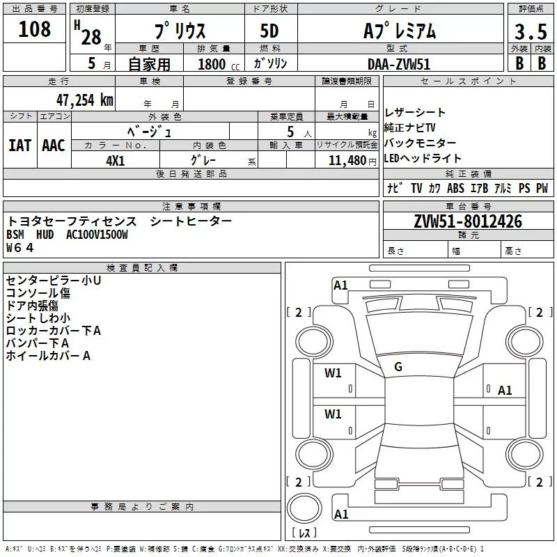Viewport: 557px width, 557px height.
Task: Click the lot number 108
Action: tap(35, 29)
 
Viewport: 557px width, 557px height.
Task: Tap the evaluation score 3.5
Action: tap(531, 31)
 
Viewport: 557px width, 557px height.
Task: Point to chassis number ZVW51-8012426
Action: tap(468, 221)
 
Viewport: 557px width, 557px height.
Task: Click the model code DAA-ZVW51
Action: tap(399, 63)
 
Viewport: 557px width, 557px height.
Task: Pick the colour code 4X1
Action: tap(116, 160)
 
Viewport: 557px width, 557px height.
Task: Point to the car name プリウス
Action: tap(180, 31)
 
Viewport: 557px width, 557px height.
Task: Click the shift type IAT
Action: tap(20, 145)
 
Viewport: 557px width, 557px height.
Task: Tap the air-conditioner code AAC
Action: tap(54, 145)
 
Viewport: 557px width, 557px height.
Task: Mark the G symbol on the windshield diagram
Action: tap(398, 367)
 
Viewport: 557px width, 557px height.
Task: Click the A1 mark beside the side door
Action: tap(505, 391)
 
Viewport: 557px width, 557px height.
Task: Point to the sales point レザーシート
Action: tap(415, 113)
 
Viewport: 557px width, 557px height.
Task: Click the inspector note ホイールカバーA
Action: tap(48, 356)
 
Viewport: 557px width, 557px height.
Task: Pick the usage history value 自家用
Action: tap(149, 64)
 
